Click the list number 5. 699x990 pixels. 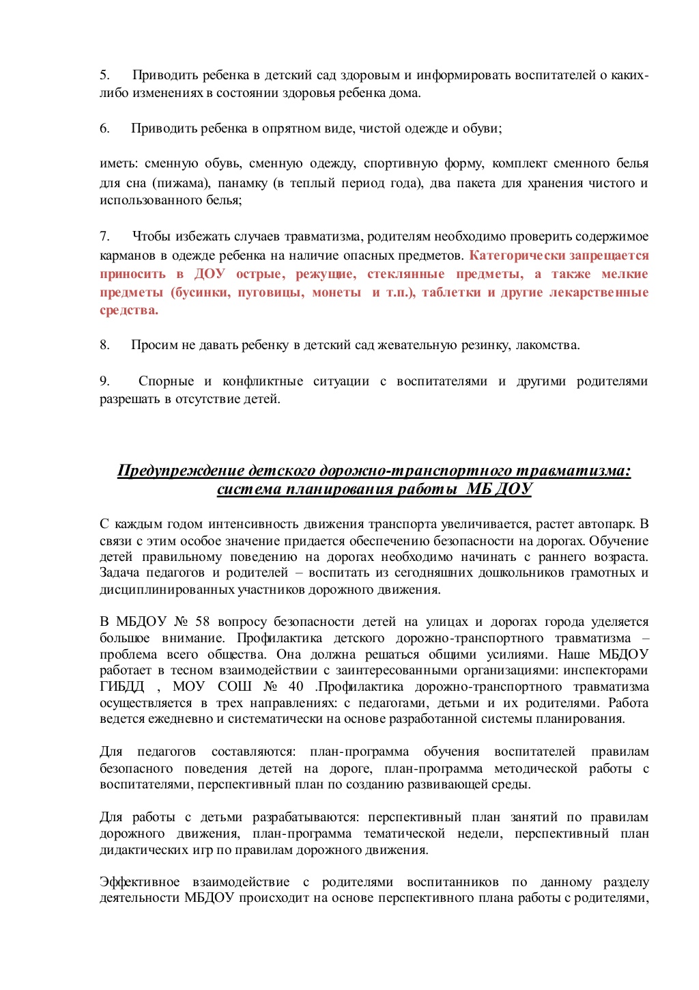coord(104,75)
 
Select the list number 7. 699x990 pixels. coord(104,236)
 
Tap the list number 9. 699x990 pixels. coord(104,381)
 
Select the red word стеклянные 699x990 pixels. coord(405,274)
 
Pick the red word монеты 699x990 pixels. coord(337,292)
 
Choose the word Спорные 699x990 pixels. coord(166,381)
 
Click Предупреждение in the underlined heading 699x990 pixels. coord(181,471)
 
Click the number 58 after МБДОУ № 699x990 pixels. coord(203,622)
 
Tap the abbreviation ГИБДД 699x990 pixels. coord(122,687)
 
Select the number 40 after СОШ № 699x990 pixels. coord(296,687)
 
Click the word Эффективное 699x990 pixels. coord(140,882)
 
